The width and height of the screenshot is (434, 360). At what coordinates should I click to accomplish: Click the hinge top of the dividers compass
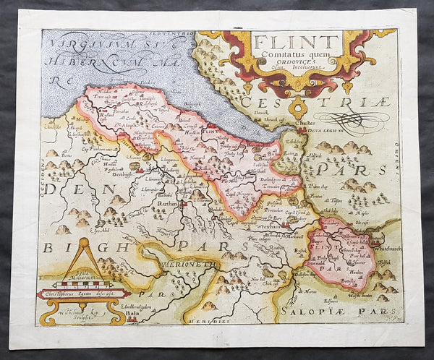tap(82, 242)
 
